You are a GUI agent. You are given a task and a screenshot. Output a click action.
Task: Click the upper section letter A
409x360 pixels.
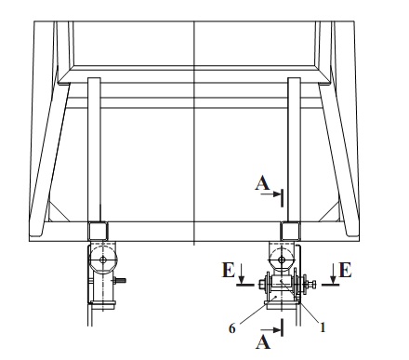point(262,183)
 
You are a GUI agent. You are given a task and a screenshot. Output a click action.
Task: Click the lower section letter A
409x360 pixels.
point(263,342)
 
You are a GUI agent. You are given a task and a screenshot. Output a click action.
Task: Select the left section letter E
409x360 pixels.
point(229,270)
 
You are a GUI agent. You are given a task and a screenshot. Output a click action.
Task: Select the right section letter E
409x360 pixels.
point(346,270)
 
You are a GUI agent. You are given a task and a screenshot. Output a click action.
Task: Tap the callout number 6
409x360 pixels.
point(232,328)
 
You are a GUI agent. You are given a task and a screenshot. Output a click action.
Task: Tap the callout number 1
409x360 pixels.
point(323,327)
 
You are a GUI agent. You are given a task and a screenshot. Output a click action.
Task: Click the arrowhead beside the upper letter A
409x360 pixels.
point(276,194)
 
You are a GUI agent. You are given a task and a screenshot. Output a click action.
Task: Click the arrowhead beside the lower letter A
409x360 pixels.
point(276,330)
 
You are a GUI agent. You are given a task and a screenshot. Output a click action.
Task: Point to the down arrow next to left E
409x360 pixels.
point(242,273)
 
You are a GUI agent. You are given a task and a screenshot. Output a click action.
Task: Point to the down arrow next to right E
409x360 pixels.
point(333,273)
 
